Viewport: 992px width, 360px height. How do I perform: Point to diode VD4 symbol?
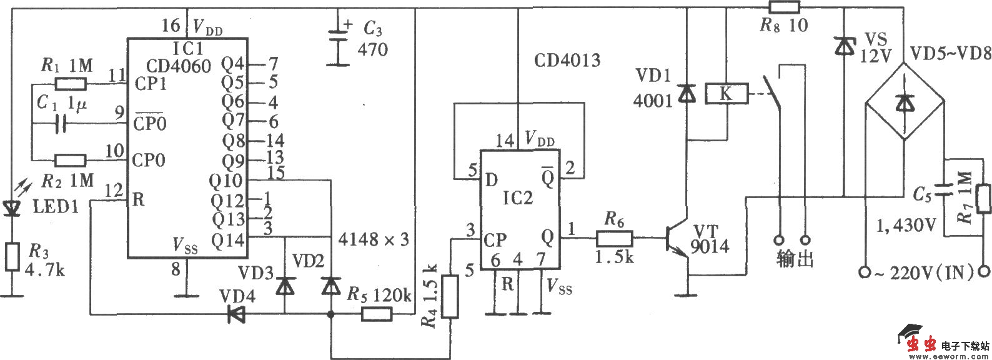click(x=237, y=314)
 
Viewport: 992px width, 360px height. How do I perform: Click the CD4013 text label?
click(x=567, y=61)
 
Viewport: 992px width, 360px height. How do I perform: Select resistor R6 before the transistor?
click(x=615, y=238)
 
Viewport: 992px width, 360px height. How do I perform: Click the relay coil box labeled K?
click(x=725, y=94)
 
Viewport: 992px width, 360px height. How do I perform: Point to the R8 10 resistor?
click(x=784, y=7)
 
